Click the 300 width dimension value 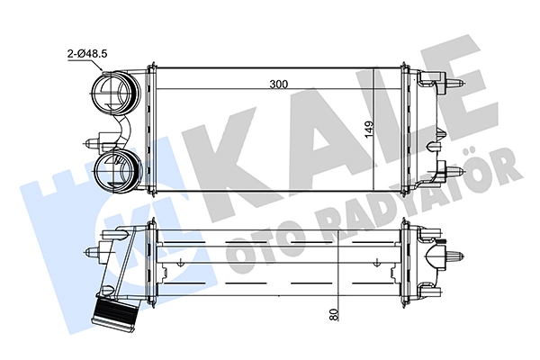pyautogui.click(x=279, y=84)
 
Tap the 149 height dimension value pyautogui.click(x=370, y=130)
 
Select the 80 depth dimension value pyautogui.click(x=334, y=314)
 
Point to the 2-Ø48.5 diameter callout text pyautogui.click(x=87, y=53)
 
